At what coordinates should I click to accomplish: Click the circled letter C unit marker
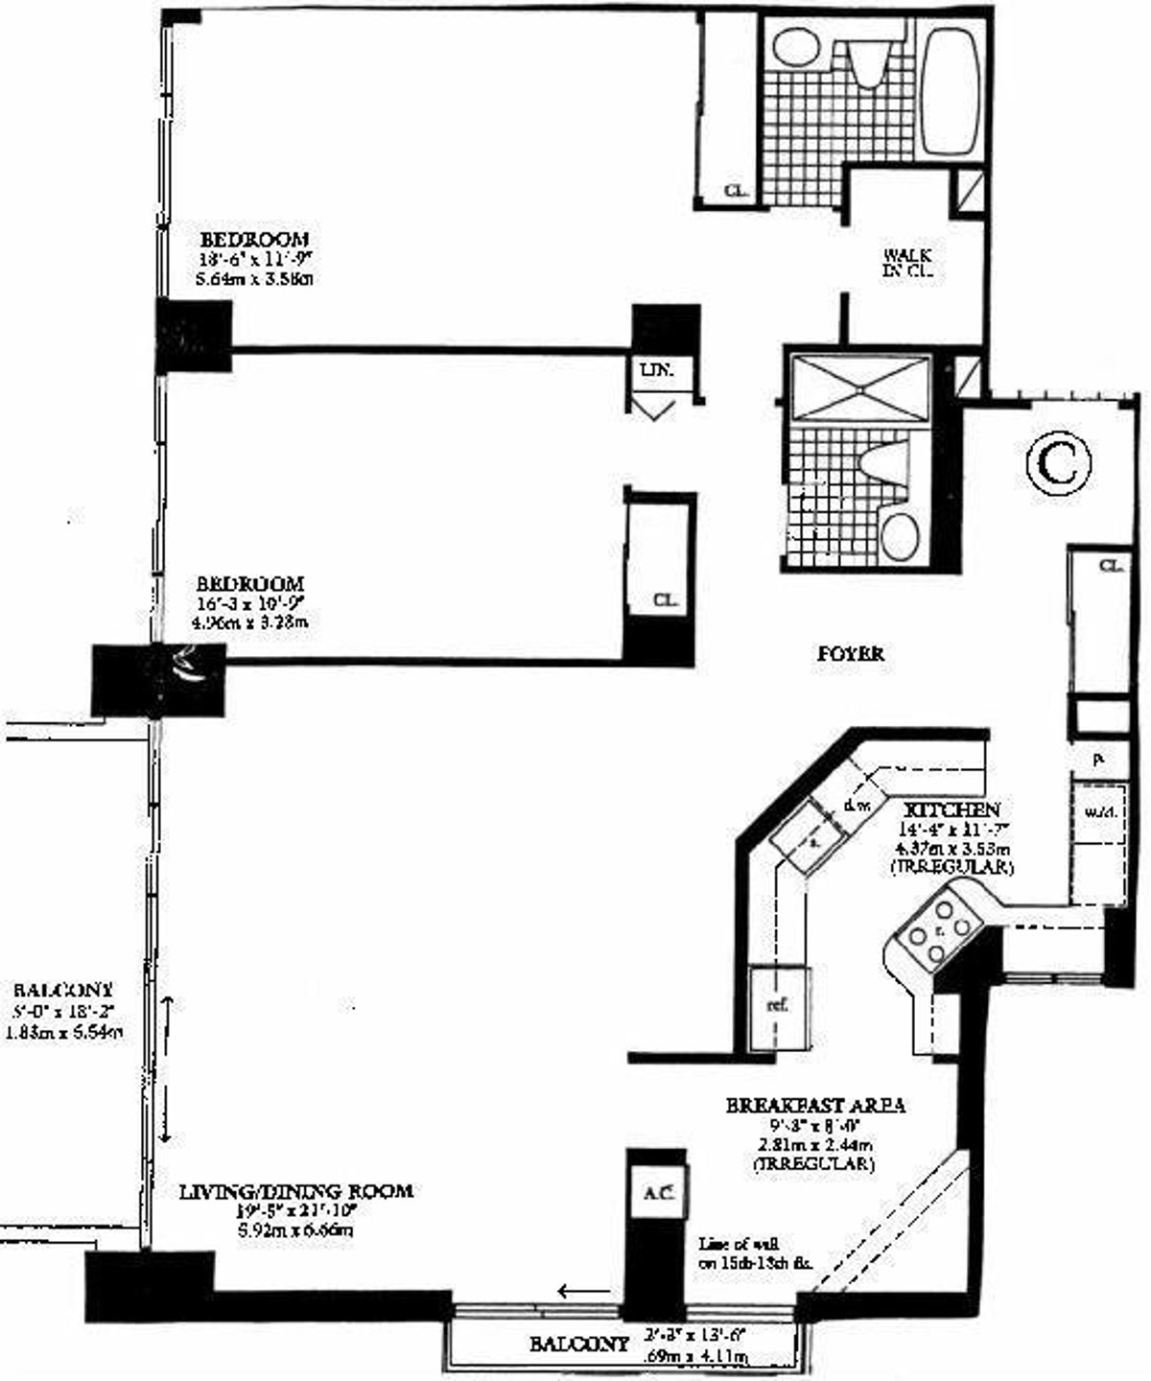[x=1059, y=463]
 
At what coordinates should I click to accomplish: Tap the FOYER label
[x=851, y=654]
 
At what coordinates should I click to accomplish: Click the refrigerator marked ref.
[x=778, y=1007]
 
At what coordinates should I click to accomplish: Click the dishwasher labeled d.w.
[x=857, y=802]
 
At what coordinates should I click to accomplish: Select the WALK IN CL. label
[x=908, y=264]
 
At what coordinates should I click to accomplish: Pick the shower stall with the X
[x=857, y=387]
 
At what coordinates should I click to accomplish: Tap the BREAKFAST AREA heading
[x=815, y=1105]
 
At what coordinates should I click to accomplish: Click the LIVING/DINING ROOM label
[x=296, y=1191]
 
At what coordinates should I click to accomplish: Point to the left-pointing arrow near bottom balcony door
[x=584, y=1291]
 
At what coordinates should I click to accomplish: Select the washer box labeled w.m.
[x=1098, y=811]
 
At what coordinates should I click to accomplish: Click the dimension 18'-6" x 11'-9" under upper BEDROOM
[x=254, y=259]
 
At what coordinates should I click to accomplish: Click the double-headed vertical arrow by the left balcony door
[x=167, y=1068]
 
